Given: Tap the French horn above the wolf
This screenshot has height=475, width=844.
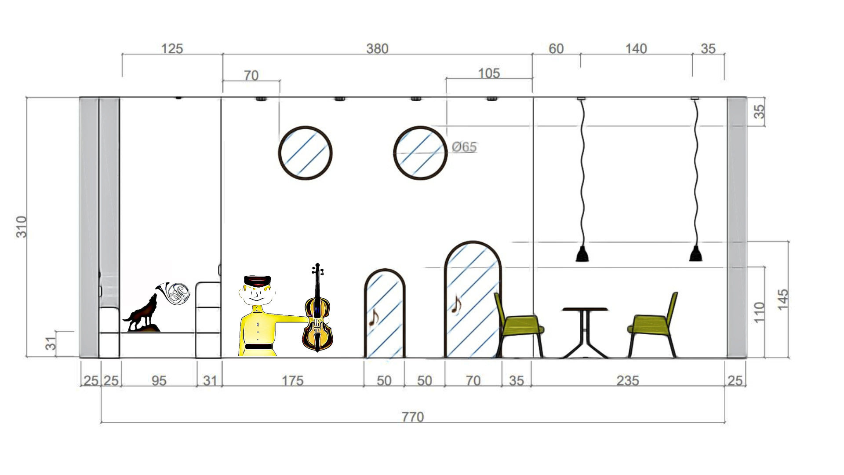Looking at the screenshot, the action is (x=173, y=292).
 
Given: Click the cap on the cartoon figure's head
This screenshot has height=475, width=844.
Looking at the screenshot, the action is (x=257, y=281).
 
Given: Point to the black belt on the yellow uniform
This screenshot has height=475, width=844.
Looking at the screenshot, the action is (x=258, y=347).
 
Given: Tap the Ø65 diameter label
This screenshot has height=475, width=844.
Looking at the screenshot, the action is (x=464, y=147).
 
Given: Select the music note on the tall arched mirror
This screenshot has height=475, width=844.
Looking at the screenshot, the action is (x=457, y=304).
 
